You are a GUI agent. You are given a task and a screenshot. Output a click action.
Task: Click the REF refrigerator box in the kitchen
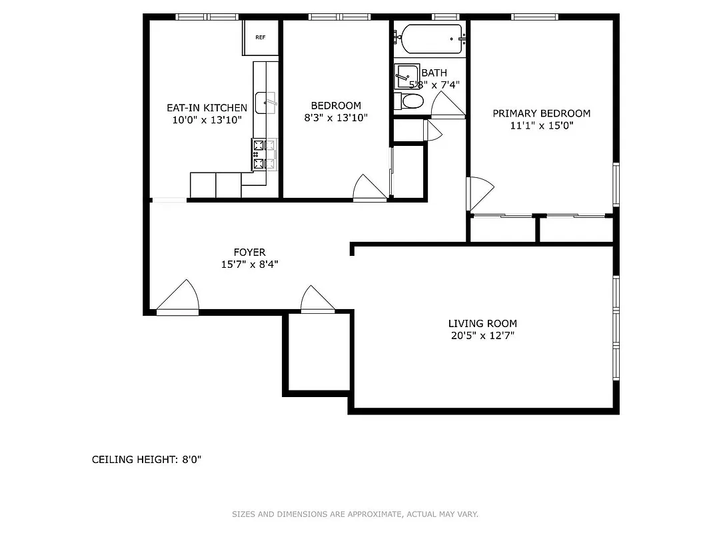(x=260, y=37)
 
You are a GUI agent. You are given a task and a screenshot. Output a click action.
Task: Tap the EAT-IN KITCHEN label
(x=207, y=108)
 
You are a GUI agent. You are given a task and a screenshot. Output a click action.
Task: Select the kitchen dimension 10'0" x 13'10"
(x=207, y=120)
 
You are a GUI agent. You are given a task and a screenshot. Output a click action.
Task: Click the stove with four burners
(x=264, y=154)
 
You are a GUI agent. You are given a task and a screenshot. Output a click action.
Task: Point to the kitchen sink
(x=266, y=100)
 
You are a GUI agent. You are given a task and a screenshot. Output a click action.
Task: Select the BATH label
(x=434, y=73)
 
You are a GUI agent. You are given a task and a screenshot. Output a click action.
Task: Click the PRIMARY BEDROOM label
(x=541, y=113)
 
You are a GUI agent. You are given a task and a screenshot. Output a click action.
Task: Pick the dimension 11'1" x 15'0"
(x=541, y=125)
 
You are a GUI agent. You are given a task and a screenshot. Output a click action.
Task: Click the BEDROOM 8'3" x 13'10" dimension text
(x=336, y=117)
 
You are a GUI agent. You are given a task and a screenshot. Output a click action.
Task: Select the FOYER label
(x=249, y=253)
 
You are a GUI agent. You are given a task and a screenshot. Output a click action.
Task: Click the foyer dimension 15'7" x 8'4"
(x=249, y=265)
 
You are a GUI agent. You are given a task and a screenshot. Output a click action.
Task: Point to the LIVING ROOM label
(x=482, y=324)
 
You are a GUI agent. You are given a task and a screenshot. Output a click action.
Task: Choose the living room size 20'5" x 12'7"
(x=482, y=336)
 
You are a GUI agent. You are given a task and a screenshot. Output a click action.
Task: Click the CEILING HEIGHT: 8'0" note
(x=146, y=460)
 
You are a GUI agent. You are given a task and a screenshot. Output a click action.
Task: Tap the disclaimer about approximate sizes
(x=355, y=514)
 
